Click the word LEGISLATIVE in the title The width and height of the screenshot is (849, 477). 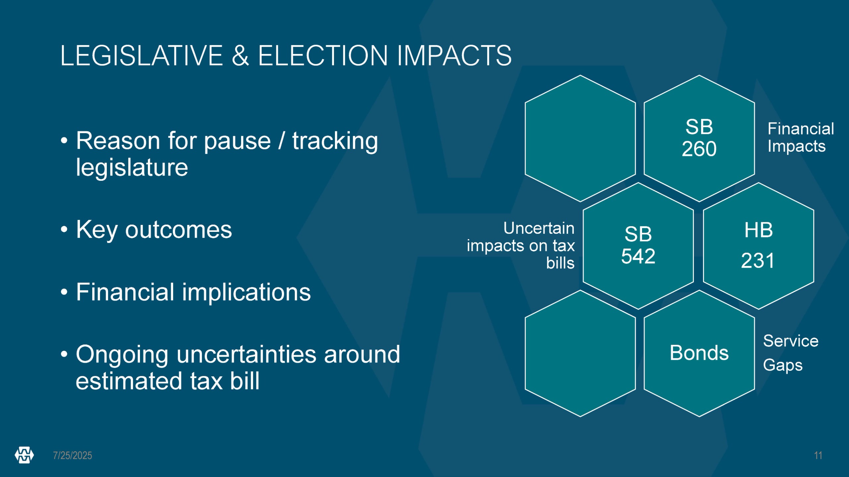tap(142, 56)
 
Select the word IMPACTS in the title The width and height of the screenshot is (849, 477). tap(454, 56)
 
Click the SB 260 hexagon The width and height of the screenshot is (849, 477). tap(699, 138)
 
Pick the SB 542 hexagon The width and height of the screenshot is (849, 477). tap(638, 246)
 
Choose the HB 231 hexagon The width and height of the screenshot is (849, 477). tap(758, 246)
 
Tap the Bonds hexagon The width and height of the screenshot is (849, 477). tap(699, 353)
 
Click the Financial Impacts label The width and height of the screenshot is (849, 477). tap(801, 137)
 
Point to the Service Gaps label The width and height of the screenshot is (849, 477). tap(791, 353)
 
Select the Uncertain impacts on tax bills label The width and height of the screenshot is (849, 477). tap(521, 245)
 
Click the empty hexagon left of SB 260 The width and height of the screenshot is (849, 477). tap(580, 138)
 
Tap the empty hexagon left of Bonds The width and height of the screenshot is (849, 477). tap(580, 353)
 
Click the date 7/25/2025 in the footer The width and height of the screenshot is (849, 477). tap(73, 455)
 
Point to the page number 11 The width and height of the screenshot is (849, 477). tap(818, 455)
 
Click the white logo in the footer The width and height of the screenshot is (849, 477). tap(24, 455)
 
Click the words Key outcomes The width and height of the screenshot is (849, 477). tap(154, 230)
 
